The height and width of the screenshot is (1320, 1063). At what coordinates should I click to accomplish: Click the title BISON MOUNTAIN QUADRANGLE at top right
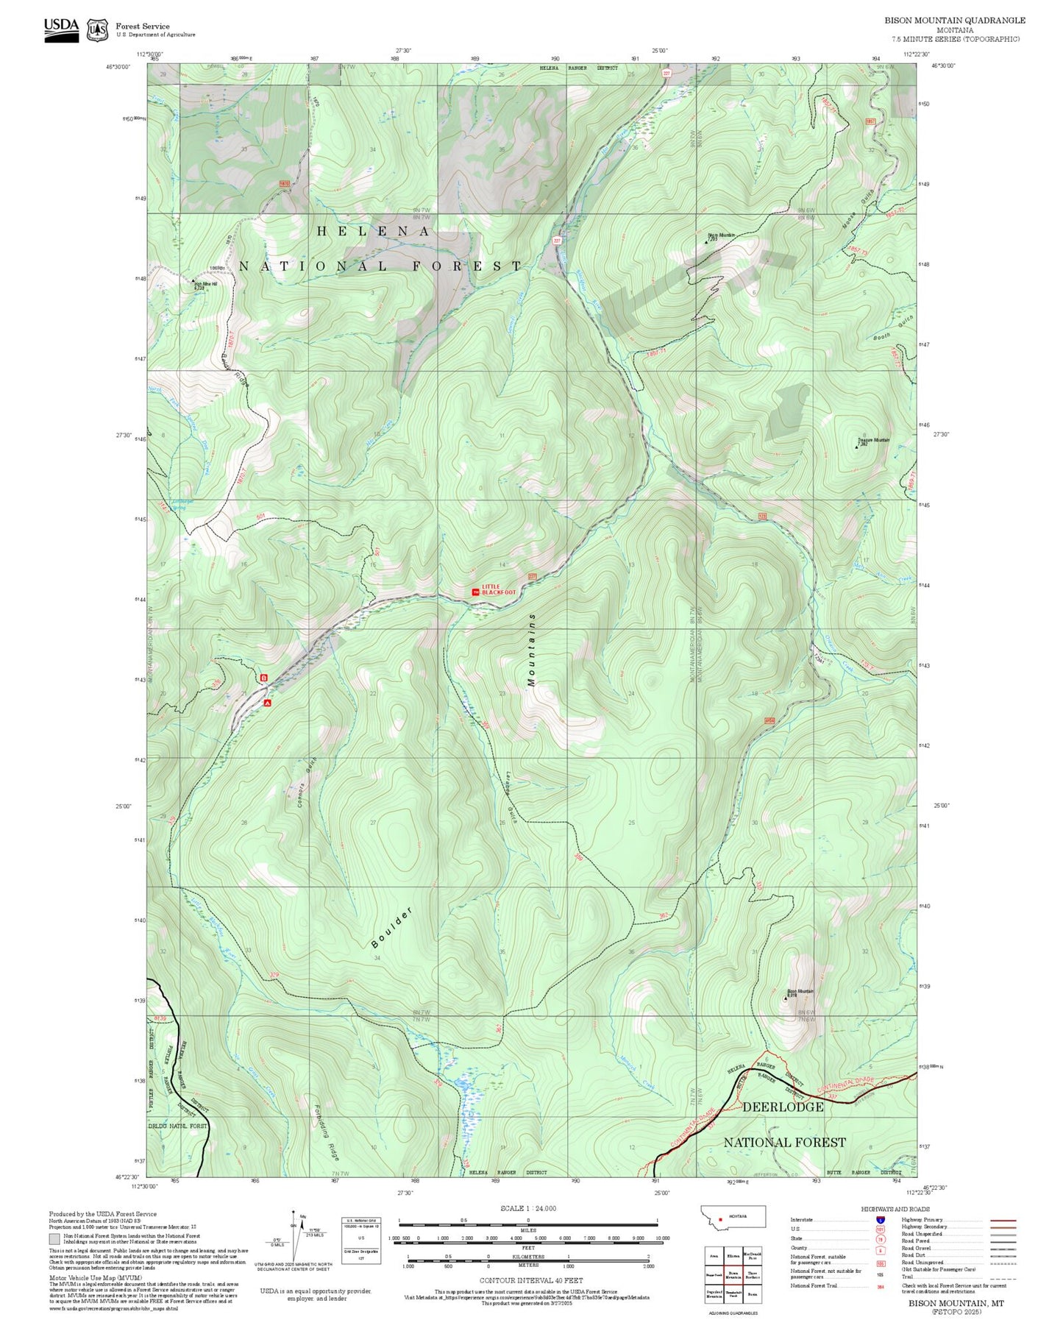(954, 20)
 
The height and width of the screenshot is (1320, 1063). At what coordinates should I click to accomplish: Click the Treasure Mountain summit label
(873, 441)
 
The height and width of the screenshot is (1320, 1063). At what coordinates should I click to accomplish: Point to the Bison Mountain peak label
(800, 991)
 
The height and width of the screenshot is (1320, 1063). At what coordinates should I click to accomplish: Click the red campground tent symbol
(268, 703)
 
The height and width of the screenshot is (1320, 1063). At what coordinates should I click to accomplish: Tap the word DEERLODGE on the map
(783, 1107)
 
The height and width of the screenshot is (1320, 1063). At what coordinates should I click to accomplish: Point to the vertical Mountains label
(532, 650)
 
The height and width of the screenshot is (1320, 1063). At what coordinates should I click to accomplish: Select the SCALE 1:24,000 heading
(527, 1208)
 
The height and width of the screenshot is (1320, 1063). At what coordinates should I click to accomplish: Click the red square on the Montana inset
(720, 1216)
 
